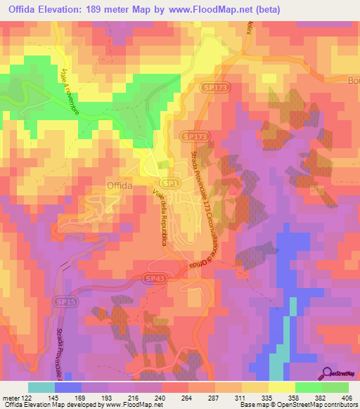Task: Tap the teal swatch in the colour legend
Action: coord(41,387)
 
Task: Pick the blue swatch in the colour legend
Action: coord(67,387)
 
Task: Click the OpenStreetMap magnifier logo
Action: coord(326,373)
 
